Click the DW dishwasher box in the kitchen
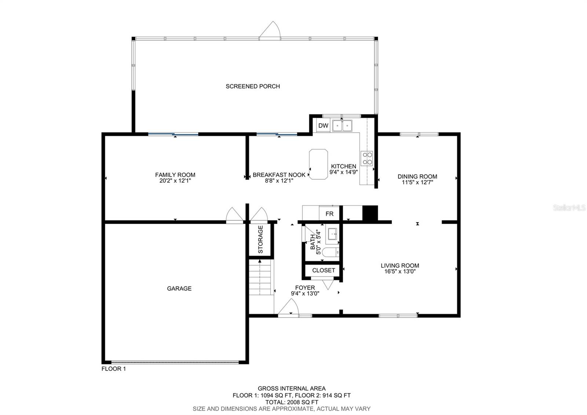(323, 126)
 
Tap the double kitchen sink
(342, 126)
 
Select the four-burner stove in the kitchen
(367, 158)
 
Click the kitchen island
(318, 164)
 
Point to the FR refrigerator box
(329, 214)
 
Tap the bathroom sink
(333, 234)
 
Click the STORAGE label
(261, 239)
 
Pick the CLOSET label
(324, 270)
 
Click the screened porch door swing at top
(271, 30)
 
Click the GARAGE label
(179, 289)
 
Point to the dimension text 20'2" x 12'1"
(175, 181)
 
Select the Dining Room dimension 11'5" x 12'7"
(417, 182)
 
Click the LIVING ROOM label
(400, 266)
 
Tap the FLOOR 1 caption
(114, 369)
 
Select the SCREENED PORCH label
(253, 86)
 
